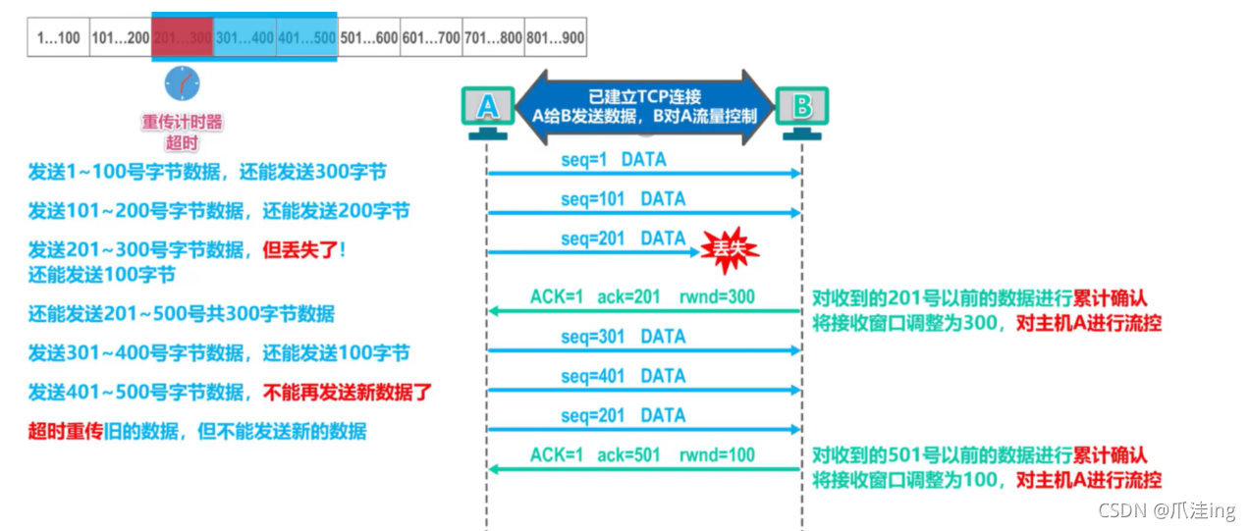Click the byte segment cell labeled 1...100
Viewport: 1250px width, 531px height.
coord(58,38)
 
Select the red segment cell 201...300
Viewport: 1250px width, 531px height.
coord(183,38)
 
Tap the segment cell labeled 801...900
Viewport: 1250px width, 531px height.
coord(555,38)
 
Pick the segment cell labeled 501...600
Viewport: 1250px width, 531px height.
coord(368,38)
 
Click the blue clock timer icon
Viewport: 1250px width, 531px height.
coord(182,84)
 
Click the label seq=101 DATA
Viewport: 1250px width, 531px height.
coord(623,199)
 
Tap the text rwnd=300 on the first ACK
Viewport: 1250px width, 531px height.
coord(717,296)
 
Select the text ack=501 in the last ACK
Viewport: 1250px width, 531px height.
coord(628,454)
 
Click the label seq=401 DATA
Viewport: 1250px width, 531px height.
coord(623,376)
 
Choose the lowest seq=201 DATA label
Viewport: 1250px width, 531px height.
coord(623,415)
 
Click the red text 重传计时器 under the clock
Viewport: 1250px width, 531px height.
coord(182,123)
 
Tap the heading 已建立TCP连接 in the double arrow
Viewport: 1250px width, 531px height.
coord(644,96)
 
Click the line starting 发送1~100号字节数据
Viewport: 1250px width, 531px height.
coord(206,173)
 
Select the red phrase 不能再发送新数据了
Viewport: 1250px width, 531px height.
coord(347,393)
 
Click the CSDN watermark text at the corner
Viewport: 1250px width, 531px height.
coord(1166,511)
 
